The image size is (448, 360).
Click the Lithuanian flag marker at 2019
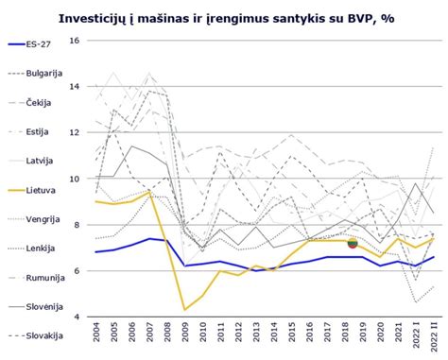pyautogui.click(x=353, y=243)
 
